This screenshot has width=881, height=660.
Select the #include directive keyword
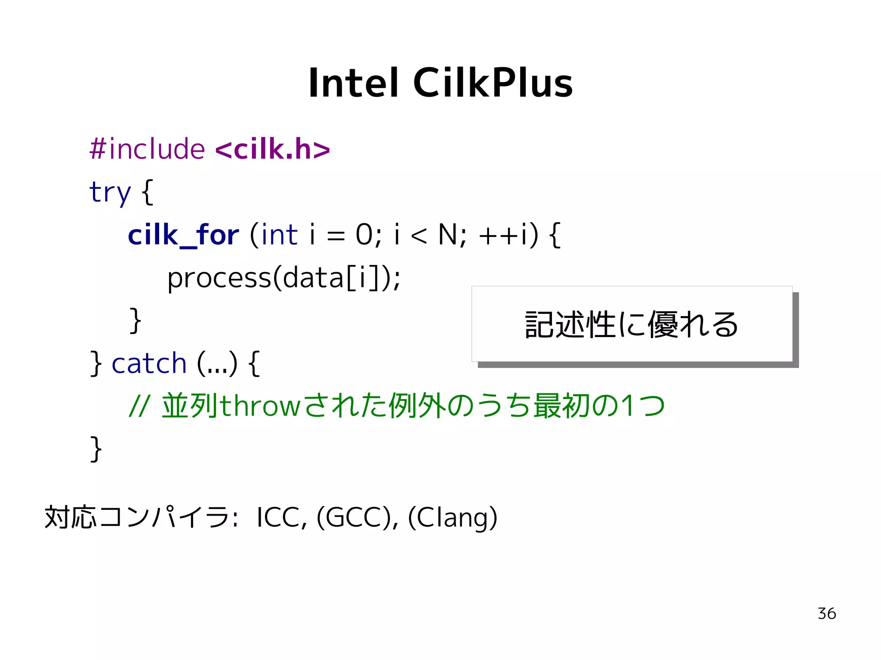[x=147, y=149]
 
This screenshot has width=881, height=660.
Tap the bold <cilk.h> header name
[x=272, y=149]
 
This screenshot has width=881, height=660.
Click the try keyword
[x=110, y=192]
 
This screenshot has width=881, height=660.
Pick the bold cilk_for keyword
[x=183, y=235]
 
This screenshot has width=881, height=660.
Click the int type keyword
[x=279, y=235]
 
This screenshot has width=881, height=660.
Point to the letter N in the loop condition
[x=447, y=235]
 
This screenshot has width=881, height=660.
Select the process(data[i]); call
[x=284, y=278]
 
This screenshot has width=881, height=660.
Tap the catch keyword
[x=149, y=364]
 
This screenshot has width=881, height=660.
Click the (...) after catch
[x=217, y=364]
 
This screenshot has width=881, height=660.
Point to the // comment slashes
[x=139, y=406]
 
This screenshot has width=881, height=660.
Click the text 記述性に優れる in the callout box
[x=631, y=325]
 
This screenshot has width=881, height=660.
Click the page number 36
[x=826, y=614]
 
